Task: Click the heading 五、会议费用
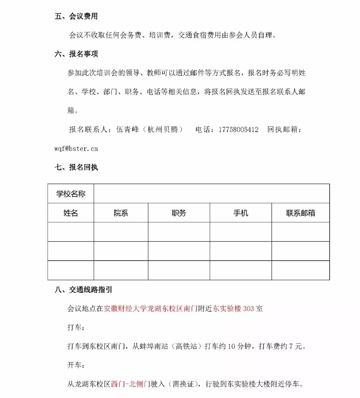pyautogui.click(x=76, y=16)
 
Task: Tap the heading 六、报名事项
pyautogui.click(x=76, y=54)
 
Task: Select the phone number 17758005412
pyautogui.click(x=238, y=129)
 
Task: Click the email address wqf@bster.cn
pyautogui.click(x=76, y=148)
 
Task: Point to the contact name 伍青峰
pyautogui.click(x=127, y=129)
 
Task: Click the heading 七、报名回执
pyautogui.click(x=76, y=167)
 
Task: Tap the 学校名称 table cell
pyautogui.click(x=71, y=193)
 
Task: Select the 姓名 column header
pyautogui.click(x=71, y=213)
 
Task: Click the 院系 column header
pyautogui.click(x=121, y=213)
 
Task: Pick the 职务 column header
pyautogui.click(x=179, y=213)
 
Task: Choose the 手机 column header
pyautogui.click(x=241, y=213)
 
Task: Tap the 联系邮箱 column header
pyautogui.click(x=300, y=213)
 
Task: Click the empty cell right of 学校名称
pyautogui.click(x=211, y=193)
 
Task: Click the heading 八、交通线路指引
pyautogui.click(x=83, y=290)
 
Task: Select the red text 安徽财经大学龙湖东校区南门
pyautogui.click(x=151, y=309)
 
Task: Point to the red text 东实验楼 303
pyautogui.click(x=233, y=309)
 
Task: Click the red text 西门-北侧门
pyautogui.click(x=130, y=384)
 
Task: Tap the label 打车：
pyautogui.click(x=76, y=327)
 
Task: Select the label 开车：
pyautogui.click(x=76, y=365)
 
